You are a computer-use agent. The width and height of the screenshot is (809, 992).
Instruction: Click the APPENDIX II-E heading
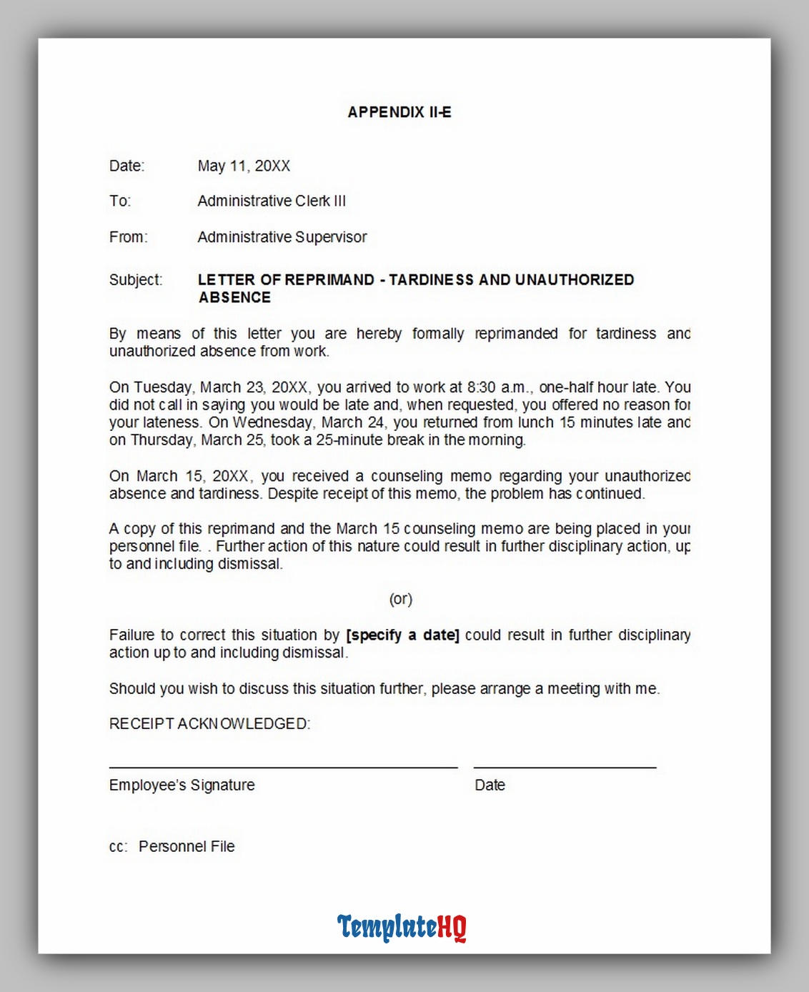tap(399, 112)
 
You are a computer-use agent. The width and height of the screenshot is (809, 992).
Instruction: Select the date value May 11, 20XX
tap(244, 166)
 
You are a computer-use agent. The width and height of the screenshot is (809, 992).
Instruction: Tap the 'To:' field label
tap(120, 201)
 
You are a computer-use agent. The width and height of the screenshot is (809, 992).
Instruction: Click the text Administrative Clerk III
tap(272, 201)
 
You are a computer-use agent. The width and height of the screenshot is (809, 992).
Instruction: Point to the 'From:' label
tap(129, 237)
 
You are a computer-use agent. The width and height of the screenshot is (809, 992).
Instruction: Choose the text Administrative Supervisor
tap(282, 237)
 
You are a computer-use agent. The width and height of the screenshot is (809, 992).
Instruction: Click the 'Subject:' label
tap(136, 279)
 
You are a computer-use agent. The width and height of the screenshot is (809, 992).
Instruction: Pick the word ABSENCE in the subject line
tap(234, 297)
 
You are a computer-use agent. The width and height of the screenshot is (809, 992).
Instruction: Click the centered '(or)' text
tap(401, 599)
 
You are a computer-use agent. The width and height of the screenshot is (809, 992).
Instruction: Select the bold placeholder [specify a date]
tap(402, 635)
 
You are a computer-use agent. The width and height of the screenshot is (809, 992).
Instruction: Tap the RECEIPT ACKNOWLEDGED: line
tap(209, 724)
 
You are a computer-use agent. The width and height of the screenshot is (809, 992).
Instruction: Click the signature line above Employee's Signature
tap(283, 767)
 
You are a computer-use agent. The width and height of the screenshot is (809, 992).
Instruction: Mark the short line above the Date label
tap(565, 767)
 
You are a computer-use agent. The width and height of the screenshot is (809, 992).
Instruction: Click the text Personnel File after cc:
tap(187, 846)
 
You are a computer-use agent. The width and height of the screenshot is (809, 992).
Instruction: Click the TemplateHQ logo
tap(402, 927)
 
